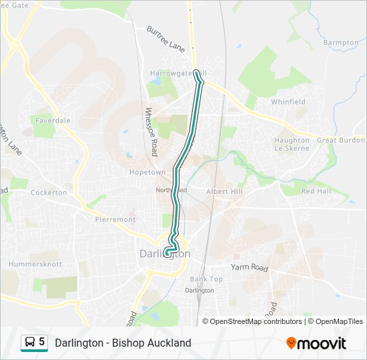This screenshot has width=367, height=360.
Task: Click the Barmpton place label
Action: tap(340, 43)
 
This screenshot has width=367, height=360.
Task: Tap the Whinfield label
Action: tap(288, 102)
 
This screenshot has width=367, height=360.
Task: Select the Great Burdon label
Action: tap(340, 141)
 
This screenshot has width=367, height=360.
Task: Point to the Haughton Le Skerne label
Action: tap(292, 144)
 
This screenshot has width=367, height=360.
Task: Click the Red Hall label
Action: tap(316, 191)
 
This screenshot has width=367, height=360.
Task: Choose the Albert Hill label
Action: tap(224, 191)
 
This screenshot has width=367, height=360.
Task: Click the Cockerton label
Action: tap(49, 193)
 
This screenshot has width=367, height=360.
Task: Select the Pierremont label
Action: tap(115, 219)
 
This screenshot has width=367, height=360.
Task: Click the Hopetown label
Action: tap(147, 172)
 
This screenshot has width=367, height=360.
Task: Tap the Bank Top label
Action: tap(206, 279)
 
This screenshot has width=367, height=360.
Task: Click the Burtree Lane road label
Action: tap(165, 39)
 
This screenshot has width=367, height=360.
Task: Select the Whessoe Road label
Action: tap(151, 132)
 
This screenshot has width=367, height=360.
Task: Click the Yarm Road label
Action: tap(249, 268)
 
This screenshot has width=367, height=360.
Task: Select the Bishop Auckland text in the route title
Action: tap(157, 343)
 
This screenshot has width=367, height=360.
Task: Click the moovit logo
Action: tap(316, 343)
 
